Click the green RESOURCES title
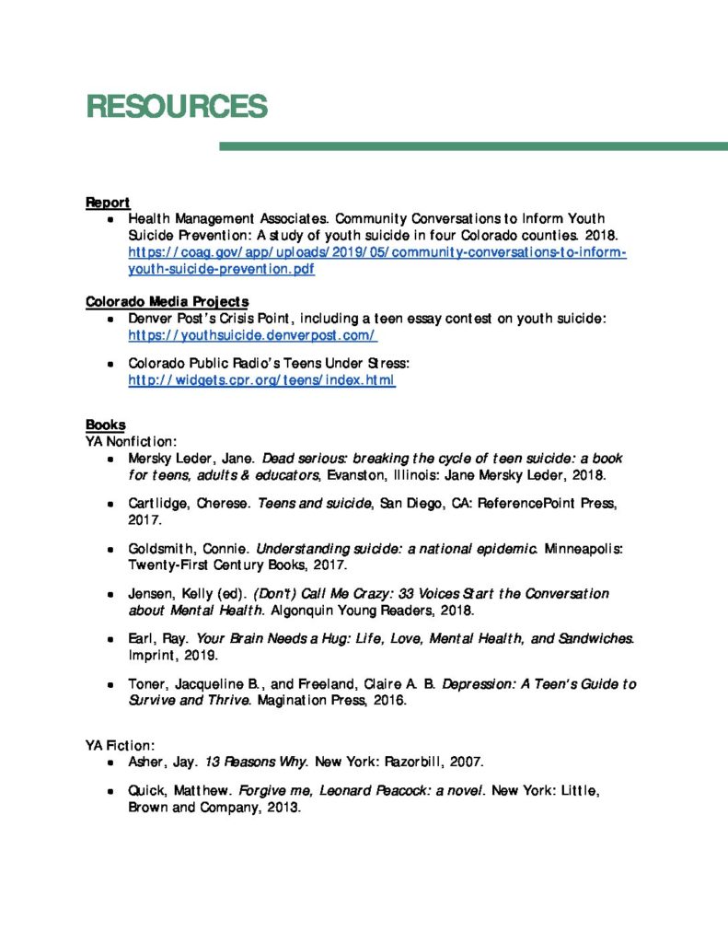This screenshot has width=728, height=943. tap(176, 107)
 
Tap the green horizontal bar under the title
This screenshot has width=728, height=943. tap(473, 146)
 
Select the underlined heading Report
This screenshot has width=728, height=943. tap(108, 202)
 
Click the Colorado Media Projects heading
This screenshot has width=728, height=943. tap(167, 301)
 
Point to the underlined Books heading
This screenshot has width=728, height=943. tap(105, 425)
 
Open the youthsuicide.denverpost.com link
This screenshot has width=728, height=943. tap(253, 336)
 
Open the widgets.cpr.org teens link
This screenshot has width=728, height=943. tap(261, 379)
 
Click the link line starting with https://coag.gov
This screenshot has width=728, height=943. tap(376, 252)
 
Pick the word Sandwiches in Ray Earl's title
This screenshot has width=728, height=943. tap(592, 638)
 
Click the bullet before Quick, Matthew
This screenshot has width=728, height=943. tap(110, 792)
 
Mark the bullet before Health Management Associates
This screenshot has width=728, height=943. tap(110, 220)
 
